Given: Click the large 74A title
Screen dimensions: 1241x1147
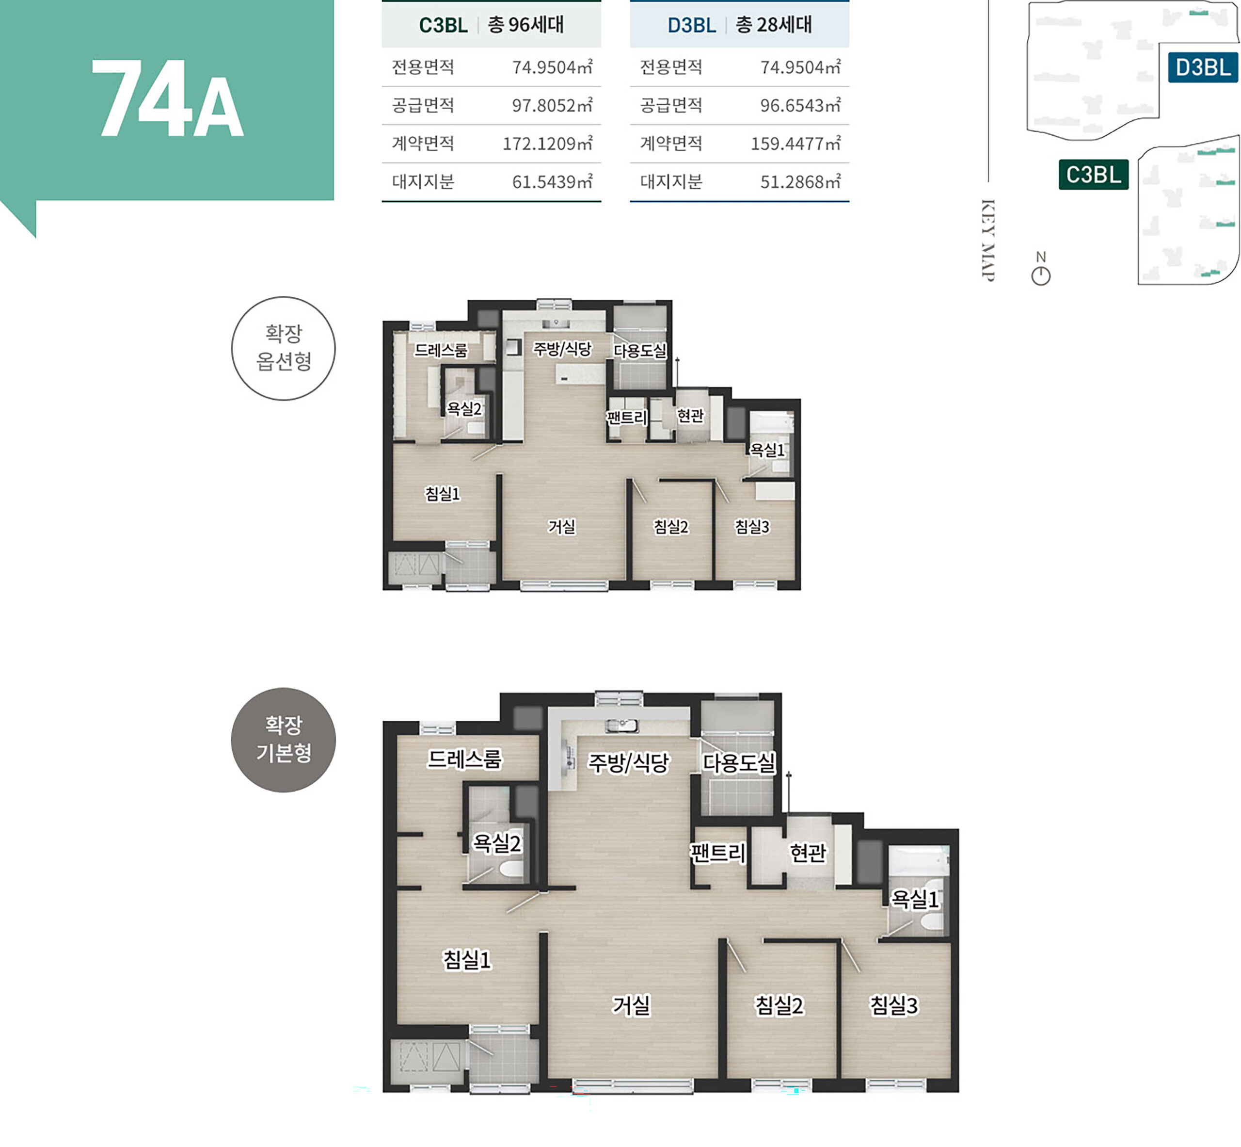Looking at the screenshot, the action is [x=168, y=99].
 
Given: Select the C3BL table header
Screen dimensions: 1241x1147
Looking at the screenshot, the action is [x=492, y=25].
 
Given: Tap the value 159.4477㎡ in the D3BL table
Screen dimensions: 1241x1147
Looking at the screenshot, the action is [x=796, y=144].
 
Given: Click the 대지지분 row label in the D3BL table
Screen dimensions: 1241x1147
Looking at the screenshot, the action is [x=671, y=182].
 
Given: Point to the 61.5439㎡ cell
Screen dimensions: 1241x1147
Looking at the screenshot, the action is [x=552, y=182].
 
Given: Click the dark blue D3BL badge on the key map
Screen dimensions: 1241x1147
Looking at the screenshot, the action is [x=1203, y=67].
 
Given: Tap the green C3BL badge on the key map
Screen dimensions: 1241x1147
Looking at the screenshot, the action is [x=1093, y=175].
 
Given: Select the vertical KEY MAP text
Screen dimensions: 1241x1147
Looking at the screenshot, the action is [x=988, y=240].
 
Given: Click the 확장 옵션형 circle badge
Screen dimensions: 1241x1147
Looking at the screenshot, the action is [x=284, y=348].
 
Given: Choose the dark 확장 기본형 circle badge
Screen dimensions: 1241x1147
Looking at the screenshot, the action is [x=284, y=740].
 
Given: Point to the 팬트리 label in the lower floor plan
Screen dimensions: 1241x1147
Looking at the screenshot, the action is [x=718, y=853].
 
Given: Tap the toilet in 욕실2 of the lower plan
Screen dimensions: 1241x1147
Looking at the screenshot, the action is [x=512, y=867].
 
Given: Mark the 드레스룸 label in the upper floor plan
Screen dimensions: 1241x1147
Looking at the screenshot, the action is [x=441, y=350].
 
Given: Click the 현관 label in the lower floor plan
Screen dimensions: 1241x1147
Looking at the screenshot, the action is [x=808, y=853].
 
